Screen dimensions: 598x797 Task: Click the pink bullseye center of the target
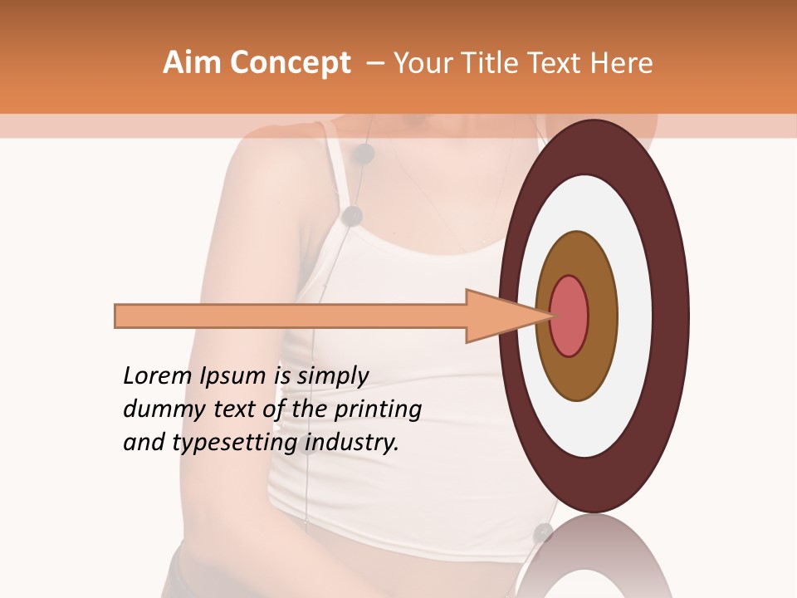[x=570, y=316]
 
